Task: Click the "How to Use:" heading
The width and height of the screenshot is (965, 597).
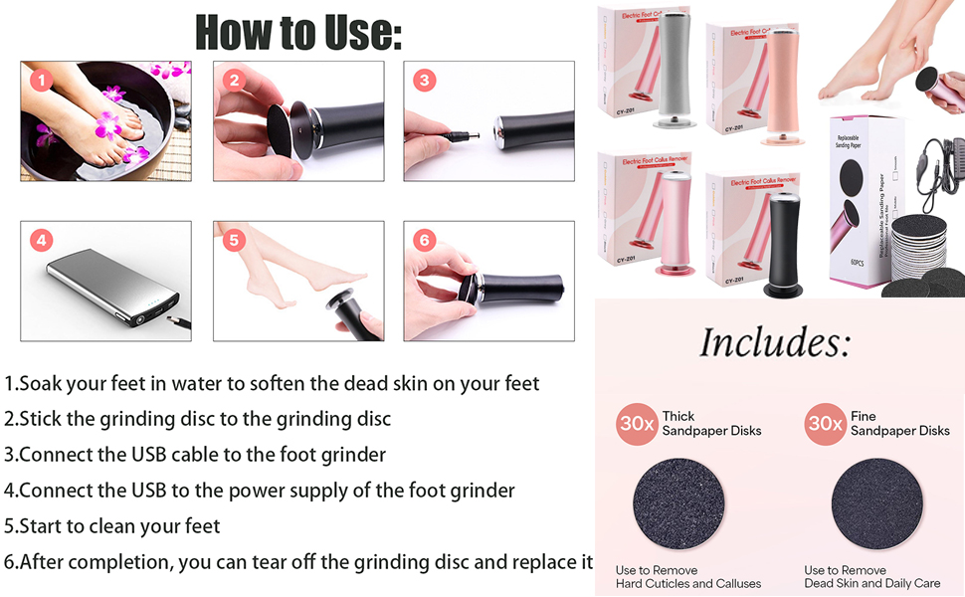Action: [298, 32]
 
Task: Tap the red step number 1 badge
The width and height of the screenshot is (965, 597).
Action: [41, 81]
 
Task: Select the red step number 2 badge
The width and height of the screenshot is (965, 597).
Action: [234, 81]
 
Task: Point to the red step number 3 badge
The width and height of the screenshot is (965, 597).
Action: [425, 81]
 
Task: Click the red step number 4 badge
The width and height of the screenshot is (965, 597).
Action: [41, 240]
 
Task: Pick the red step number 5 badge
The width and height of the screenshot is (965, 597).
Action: [234, 240]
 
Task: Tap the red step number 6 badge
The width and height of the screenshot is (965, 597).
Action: [425, 240]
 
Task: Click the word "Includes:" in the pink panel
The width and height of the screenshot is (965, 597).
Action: [775, 342]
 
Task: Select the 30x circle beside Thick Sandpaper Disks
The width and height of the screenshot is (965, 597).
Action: [637, 424]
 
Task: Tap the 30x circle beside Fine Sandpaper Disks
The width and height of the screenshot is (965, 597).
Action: [826, 424]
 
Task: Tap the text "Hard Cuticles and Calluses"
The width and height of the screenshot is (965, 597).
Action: [688, 584]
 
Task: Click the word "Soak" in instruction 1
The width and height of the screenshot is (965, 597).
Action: [37, 383]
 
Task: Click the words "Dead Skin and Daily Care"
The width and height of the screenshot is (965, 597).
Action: [872, 584]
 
